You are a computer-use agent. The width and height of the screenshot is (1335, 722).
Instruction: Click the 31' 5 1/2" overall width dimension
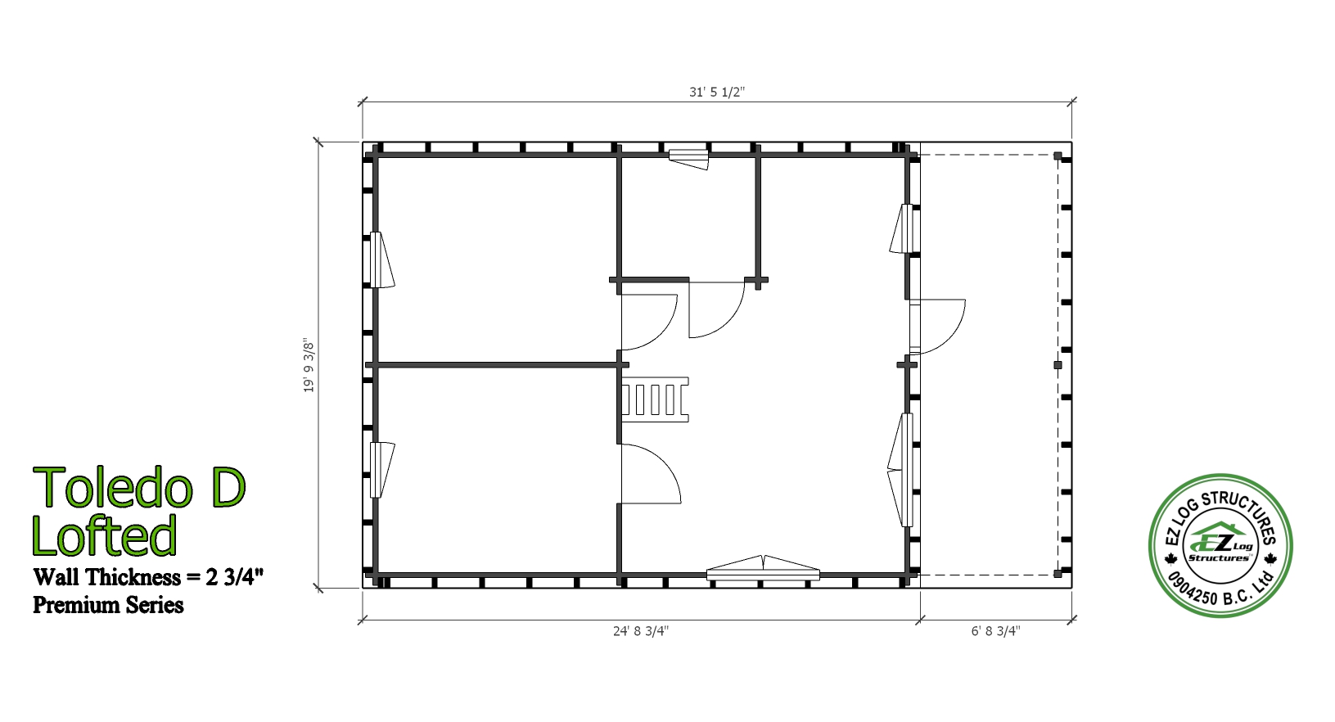[717, 92]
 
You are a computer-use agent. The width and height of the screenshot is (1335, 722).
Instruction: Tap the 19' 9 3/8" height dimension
[308, 365]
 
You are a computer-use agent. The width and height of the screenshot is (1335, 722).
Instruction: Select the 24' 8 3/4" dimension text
[641, 631]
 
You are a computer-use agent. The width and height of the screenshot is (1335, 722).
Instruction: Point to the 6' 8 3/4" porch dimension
[996, 631]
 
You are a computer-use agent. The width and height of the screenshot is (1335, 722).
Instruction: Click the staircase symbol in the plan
[655, 399]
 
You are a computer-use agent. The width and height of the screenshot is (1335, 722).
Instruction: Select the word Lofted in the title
[104, 535]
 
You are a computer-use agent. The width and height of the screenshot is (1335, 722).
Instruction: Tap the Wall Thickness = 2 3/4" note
[148, 577]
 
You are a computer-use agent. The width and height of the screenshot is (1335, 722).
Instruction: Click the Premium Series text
[108, 605]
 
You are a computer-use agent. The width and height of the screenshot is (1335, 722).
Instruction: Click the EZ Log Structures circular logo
[1220, 545]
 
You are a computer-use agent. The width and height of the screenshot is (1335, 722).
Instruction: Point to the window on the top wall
[688, 159]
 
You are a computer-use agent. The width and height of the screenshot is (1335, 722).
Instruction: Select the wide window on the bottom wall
[763, 569]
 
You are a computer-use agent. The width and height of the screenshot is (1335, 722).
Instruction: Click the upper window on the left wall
[381, 260]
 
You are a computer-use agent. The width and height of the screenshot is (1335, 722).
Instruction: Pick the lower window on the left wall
[381, 470]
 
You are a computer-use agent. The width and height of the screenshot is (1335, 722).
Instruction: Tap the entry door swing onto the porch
[937, 327]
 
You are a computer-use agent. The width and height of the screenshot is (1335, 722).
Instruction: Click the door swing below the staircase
[650, 474]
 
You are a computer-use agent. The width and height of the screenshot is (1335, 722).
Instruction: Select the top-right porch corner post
[1058, 156]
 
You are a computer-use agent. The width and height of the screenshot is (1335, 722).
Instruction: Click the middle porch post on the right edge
[1058, 365]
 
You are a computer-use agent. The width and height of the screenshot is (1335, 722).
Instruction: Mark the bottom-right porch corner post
[1058, 574]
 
